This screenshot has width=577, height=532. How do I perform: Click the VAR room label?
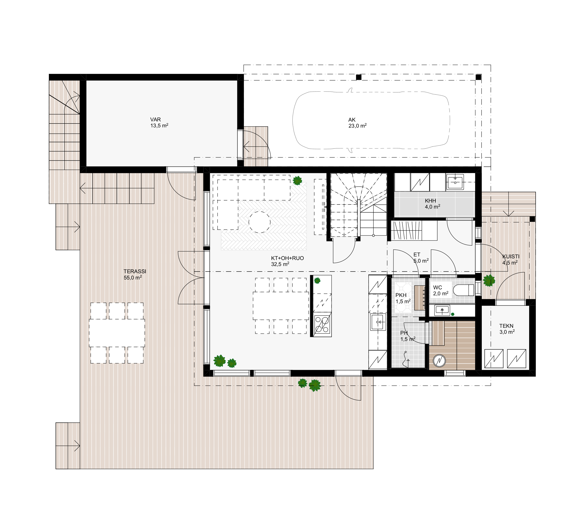(156, 119)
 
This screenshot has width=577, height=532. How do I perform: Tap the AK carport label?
(352, 120)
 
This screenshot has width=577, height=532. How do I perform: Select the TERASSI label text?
(135, 271)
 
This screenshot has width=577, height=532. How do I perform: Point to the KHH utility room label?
(430, 201)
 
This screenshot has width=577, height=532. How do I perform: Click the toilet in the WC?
(464, 290)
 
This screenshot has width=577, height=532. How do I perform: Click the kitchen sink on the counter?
(378, 322)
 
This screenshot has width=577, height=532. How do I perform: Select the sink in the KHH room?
(455, 182)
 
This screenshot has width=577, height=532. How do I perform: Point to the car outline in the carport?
(371, 121)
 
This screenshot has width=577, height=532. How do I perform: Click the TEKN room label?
(506, 326)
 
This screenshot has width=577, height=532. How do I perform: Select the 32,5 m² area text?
(280, 264)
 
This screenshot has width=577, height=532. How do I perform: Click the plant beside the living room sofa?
(297, 180)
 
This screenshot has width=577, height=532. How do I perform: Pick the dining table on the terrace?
(117, 333)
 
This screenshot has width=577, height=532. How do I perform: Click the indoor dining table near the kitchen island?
(281, 306)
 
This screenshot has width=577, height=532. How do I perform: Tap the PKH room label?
(401, 295)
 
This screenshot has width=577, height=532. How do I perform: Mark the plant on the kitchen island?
(317, 280)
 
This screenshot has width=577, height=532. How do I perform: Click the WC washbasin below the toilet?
(442, 310)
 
